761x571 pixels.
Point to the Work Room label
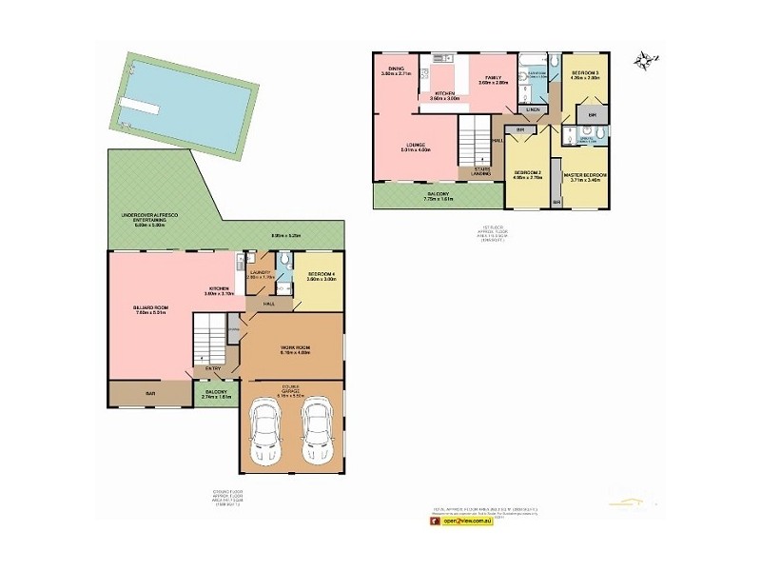point(296,348)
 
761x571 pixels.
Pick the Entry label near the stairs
point(211,367)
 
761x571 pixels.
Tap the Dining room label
point(395,68)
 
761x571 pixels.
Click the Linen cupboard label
point(533,109)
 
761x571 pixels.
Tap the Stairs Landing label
point(481,171)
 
